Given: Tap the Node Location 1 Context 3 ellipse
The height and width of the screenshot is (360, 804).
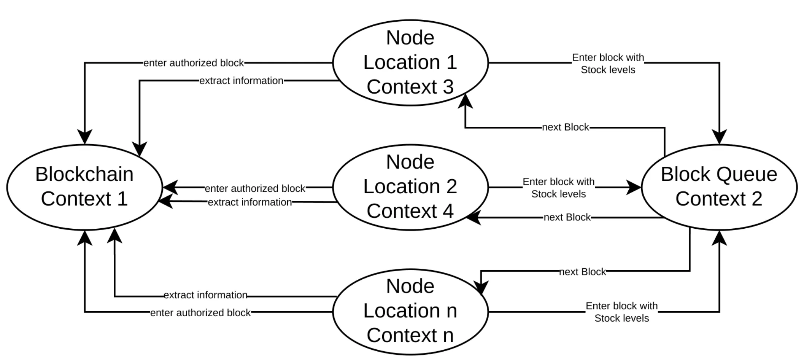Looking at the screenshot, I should pos(410,63).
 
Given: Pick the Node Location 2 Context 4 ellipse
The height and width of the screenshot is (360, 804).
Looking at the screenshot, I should pos(410,187).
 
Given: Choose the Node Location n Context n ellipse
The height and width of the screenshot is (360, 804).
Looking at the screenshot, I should pos(410,311).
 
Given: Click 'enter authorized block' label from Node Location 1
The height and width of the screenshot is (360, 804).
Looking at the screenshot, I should pos(194,63).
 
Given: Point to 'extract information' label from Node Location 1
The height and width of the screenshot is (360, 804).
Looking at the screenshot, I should pos(241,81).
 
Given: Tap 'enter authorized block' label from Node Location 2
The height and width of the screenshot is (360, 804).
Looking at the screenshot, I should pos(255,188).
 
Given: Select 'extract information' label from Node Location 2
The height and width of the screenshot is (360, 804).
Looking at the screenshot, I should pos(250,202).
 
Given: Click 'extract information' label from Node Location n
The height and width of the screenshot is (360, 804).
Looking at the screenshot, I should pos(205,295).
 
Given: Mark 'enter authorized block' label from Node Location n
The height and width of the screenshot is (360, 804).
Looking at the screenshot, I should pos(200,312).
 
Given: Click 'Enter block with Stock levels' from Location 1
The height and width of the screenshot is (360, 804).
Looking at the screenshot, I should pos(608,64).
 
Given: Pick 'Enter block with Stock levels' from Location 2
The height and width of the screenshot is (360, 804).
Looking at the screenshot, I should pos(558,188).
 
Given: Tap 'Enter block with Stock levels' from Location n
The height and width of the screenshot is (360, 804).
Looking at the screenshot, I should pos(621,312).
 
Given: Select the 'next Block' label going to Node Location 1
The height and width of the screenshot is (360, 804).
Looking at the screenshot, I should pos(565,127).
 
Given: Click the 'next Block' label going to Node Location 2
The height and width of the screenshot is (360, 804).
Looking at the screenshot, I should pos(567,217).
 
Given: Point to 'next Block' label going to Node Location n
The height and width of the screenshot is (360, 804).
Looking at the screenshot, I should pos(582,272).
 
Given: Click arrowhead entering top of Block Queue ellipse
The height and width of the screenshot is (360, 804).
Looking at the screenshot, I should pos(719,137).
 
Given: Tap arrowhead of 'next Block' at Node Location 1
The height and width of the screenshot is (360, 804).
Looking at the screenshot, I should pos(465,101).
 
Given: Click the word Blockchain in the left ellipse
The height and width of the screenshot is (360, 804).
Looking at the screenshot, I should pos(84,174).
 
